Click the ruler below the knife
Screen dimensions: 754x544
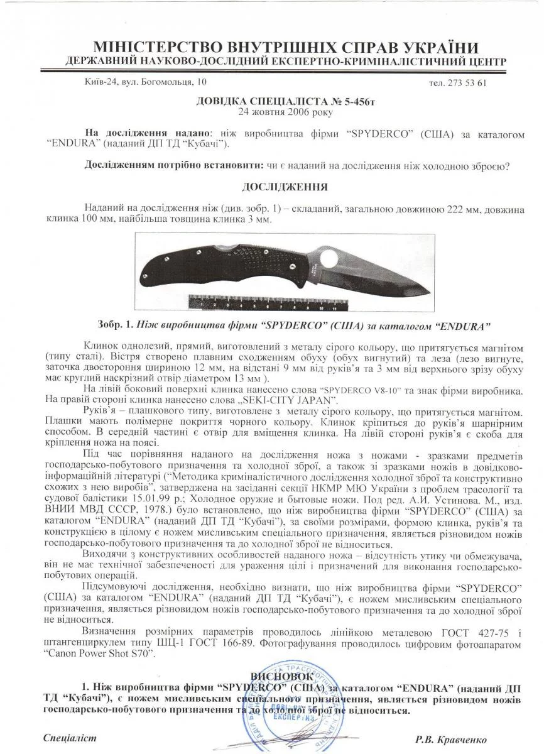coord(280,305)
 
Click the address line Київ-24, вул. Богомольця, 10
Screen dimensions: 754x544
coord(144,82)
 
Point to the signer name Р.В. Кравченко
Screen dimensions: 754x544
coord(451,740)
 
